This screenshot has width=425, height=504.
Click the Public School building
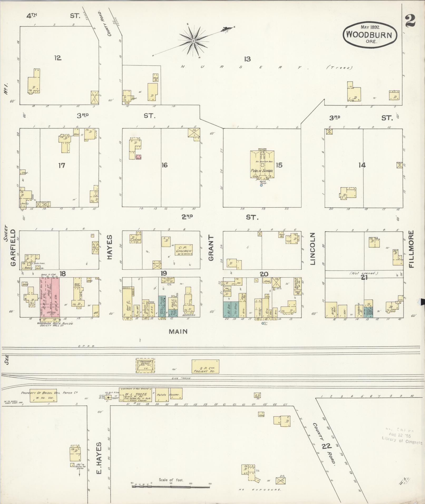[262, 165]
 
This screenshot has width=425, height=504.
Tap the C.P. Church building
[184, 249]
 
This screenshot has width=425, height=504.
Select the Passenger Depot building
[145, 365]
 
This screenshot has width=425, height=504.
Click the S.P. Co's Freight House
[205, 366]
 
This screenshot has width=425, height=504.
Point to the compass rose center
[193, 41]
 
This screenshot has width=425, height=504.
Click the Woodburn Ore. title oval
[370, 35]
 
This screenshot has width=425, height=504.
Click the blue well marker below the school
[261, 185]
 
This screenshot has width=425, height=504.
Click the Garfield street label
[13, 247]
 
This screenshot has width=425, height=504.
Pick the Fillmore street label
[412, 249]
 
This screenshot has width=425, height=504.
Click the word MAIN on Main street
[178, 331]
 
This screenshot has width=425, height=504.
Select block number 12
[58, 58]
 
